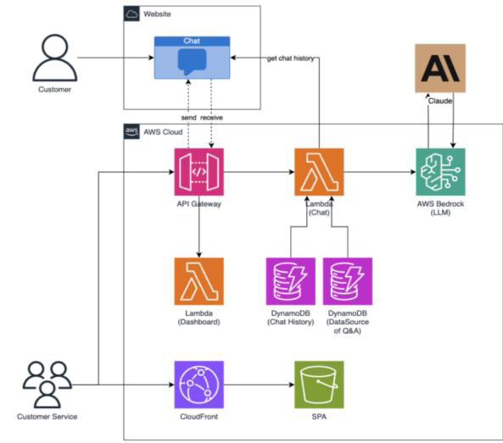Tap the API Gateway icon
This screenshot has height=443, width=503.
pos(198,173)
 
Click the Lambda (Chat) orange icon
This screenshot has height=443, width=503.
pos(319,173)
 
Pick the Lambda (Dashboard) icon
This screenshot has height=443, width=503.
pos(198,281)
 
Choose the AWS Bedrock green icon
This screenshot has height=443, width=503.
pos(441,173)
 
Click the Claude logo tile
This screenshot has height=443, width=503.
pos(441,68)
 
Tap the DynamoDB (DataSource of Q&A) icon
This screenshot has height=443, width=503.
pos(347,281)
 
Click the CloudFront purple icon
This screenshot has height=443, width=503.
pos(198,385)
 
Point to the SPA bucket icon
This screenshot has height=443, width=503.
pos(319,385)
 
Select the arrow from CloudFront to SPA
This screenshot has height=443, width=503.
pos(258,385)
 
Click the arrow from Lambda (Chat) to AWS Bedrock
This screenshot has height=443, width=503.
pos(379,173)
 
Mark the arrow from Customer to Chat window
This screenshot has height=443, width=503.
pos(115,58)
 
